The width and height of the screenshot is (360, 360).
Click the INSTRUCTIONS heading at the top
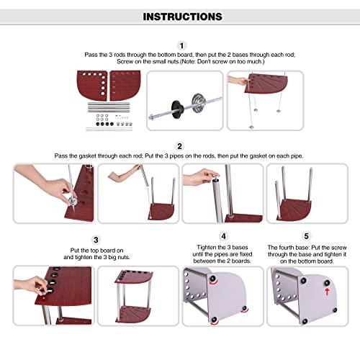[x=183, y=17]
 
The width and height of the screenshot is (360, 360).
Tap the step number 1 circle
[x=181, y=45]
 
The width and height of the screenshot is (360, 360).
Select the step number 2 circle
[x=179, y=146]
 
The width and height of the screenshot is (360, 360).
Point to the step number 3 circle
[x=96, y=240]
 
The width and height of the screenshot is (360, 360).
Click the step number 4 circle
[x=223, y=236]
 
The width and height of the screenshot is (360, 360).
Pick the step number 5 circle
[x=306, y=236]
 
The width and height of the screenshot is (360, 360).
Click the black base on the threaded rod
[x=178, y=109]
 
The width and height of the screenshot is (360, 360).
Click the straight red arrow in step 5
[x=327, y=292]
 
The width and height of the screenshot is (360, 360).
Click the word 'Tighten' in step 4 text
[x=206, y=247]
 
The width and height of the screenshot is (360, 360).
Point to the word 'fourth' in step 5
[x=287, y=248]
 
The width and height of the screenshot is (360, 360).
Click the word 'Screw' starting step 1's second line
[x=125, y=62]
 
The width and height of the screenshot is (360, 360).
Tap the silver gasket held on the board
[x=72, y=201]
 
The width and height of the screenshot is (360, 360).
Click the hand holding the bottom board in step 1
[x=238, y=80]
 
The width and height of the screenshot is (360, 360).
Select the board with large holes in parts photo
[x=92, y=84]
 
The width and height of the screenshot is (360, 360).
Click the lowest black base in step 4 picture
[x=214, y=320]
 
